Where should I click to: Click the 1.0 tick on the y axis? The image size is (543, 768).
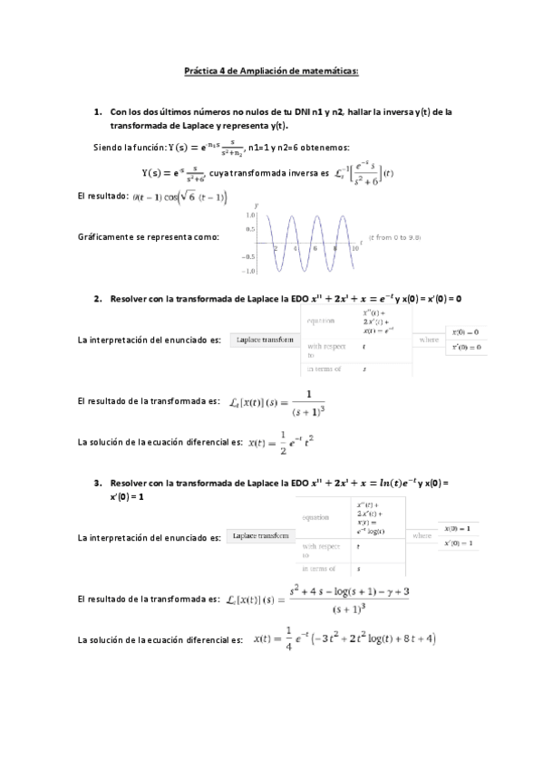pos(249,216)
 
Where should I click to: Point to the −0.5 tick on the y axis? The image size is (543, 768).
pos(247,256)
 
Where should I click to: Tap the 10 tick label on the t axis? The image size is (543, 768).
pos(354,247)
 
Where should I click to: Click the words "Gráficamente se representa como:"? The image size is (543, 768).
pos(149,236)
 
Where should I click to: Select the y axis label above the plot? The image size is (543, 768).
pos(257,206)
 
